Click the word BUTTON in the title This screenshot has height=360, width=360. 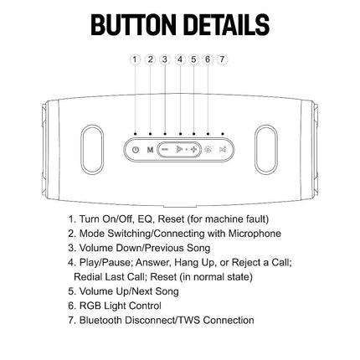(132, 24)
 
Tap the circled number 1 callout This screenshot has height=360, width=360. (135, 59)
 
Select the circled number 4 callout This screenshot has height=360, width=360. (180, 59)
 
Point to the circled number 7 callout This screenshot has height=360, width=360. (222, 59)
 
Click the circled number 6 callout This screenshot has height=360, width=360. (208, 59)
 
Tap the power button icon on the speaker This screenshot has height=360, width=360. (136, 150)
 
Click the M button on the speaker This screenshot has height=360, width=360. (150, 150)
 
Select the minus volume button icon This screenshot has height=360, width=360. (165, 150)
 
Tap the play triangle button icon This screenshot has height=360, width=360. (179, 150)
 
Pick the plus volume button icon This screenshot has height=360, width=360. (193, 150)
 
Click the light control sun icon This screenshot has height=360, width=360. (208, 150)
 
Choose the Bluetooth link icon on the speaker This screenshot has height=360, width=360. (223, 150)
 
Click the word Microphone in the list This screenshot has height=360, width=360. (255, 234)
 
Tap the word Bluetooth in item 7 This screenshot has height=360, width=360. (100, 320)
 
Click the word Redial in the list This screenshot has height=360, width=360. (88, 277)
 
